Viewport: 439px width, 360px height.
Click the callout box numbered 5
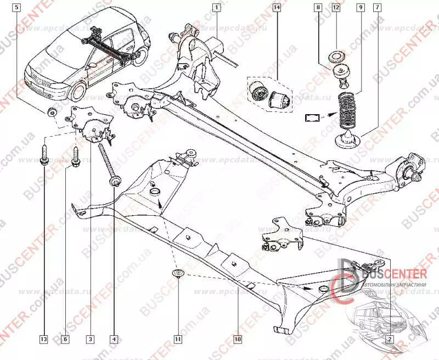[19, 8]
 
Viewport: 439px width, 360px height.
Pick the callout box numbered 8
[318, 8]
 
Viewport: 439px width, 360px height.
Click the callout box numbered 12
[336, 8]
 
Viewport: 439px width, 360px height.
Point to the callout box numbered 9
[359, 8]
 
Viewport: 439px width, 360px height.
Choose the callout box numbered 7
[376, 8]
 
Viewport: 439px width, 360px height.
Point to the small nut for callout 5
[52, 113]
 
